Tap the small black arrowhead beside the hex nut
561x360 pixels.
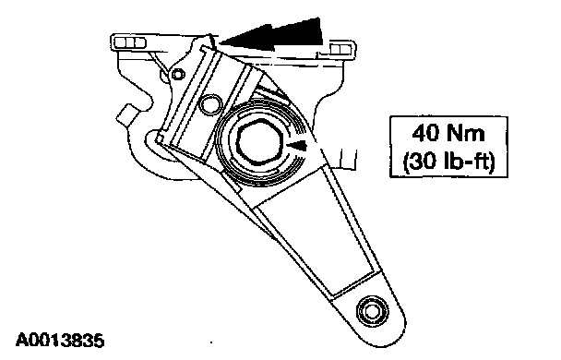pos(297,145)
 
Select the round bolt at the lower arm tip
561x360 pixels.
pos(373,311)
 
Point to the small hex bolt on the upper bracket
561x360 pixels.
pos(178,75)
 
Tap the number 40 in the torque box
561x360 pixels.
pos(425,133)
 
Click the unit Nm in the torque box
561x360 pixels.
pos(466,133)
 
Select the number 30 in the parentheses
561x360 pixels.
pos(424,161)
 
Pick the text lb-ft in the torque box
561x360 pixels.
pos(470,161)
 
